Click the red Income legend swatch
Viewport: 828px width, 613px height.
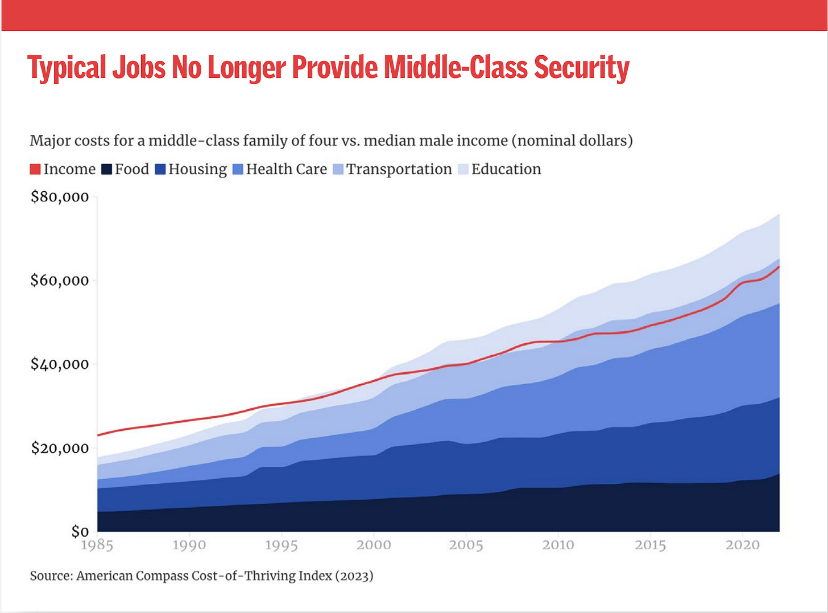tap(35, 169)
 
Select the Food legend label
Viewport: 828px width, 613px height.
tap(131, 169)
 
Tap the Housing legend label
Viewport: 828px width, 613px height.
tap(197, 169)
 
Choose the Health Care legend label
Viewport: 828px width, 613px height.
tap(286, 169)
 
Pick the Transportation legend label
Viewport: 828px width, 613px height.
tap(399, 169)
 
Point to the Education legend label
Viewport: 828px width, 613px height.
tap(506, 169)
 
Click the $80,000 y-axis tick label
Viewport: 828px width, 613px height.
tap(60, 197)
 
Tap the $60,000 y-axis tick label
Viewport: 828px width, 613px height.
tap(60, 280)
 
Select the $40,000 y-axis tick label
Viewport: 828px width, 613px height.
tap(60, 364)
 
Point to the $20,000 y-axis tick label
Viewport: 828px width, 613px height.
tap(60, 448)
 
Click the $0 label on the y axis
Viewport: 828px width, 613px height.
tap(80, 532)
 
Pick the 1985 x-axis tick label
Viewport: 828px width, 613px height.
tap(97, 545)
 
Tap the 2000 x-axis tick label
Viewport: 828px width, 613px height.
tap(374, 545)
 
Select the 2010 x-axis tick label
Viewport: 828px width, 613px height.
tap(558, 545)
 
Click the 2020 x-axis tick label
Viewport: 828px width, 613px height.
tap(742, 545)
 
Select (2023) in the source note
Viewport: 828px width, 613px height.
tap(354, 576)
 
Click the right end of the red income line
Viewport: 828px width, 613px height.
tap(779, 266)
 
